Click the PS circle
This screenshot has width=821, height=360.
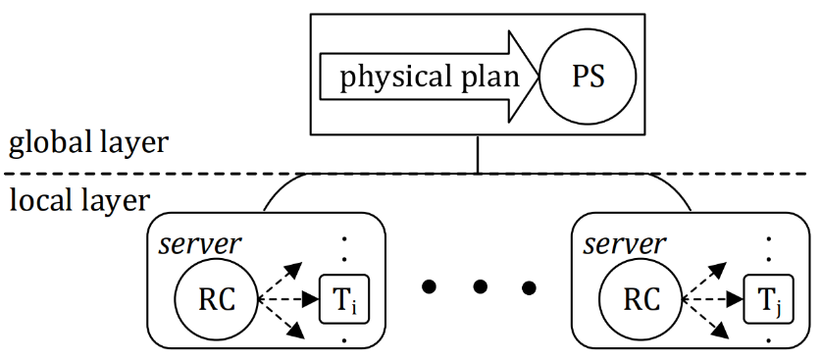588,77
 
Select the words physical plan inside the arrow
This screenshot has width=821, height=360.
430,78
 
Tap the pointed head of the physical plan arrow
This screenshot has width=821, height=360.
538,77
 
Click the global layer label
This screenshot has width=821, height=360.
88,143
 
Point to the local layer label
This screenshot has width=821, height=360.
79,201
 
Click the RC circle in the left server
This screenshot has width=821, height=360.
216,299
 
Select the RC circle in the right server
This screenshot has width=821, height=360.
641,299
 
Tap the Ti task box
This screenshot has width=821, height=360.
344,299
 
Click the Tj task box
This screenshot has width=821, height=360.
768,299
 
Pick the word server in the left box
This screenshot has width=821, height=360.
200,244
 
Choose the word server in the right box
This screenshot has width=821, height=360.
625,244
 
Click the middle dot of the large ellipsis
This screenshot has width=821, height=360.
479,286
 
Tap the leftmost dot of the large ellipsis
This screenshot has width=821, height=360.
429,286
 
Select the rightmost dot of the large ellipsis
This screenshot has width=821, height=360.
530,286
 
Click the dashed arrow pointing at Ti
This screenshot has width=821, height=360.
289,299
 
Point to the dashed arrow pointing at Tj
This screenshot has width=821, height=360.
713,299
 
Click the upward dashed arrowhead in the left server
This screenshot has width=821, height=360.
295,269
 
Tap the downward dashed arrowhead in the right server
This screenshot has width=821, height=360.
720,331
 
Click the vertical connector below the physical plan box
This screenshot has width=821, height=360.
478,154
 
